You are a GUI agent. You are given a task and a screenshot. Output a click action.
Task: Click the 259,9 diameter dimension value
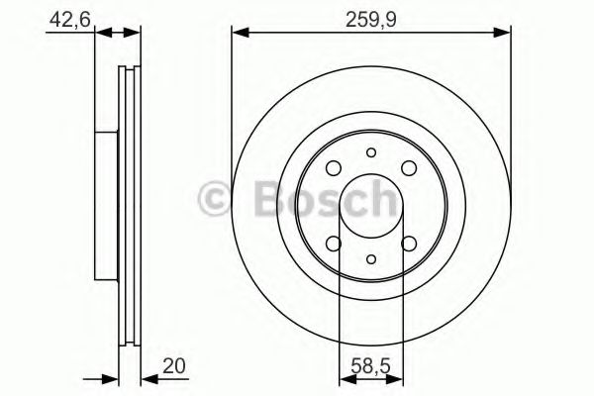(372, 17)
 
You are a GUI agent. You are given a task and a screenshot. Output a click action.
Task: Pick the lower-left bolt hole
(335, 244)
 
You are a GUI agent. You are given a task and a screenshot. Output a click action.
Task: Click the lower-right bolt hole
(408, 244)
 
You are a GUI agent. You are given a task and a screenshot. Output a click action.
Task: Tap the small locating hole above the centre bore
(371, 153)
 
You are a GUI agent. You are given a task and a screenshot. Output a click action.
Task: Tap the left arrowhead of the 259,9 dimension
(239, 35)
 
